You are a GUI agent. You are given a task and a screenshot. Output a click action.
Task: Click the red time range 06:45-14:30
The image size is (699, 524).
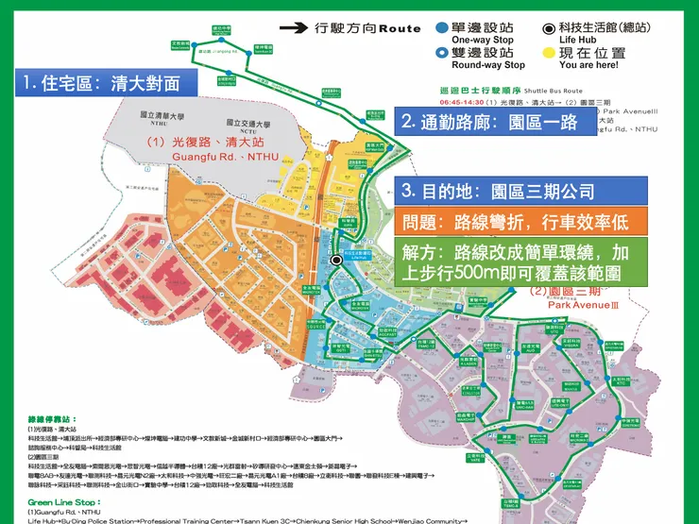(461, 102)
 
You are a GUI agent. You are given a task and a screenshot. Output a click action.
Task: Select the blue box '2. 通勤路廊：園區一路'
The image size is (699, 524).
(490, 121)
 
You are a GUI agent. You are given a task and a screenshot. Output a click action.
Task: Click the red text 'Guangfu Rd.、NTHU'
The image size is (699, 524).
(225, 156)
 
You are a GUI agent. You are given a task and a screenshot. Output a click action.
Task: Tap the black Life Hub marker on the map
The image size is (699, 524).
(336, 261)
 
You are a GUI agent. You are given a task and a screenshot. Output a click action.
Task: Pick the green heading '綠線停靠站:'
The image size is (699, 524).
(54, 417)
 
